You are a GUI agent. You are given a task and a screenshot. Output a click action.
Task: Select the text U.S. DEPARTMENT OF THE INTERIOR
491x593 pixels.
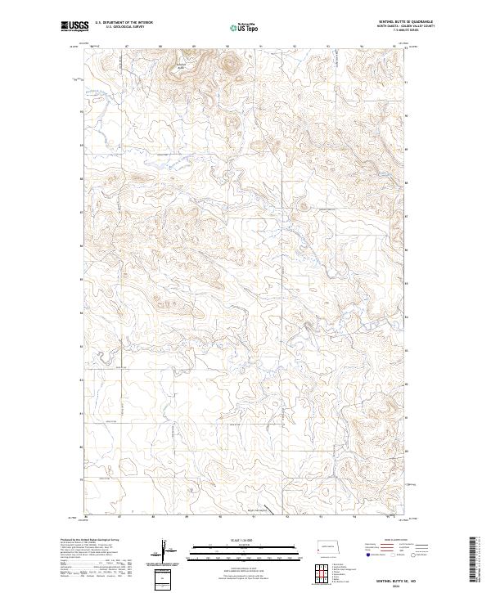tap(124, 24)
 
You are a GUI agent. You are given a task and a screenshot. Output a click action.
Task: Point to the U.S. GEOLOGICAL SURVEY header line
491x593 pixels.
tap(124, 28)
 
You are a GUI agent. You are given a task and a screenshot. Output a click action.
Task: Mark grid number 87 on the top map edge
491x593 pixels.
tap(120, 47)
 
